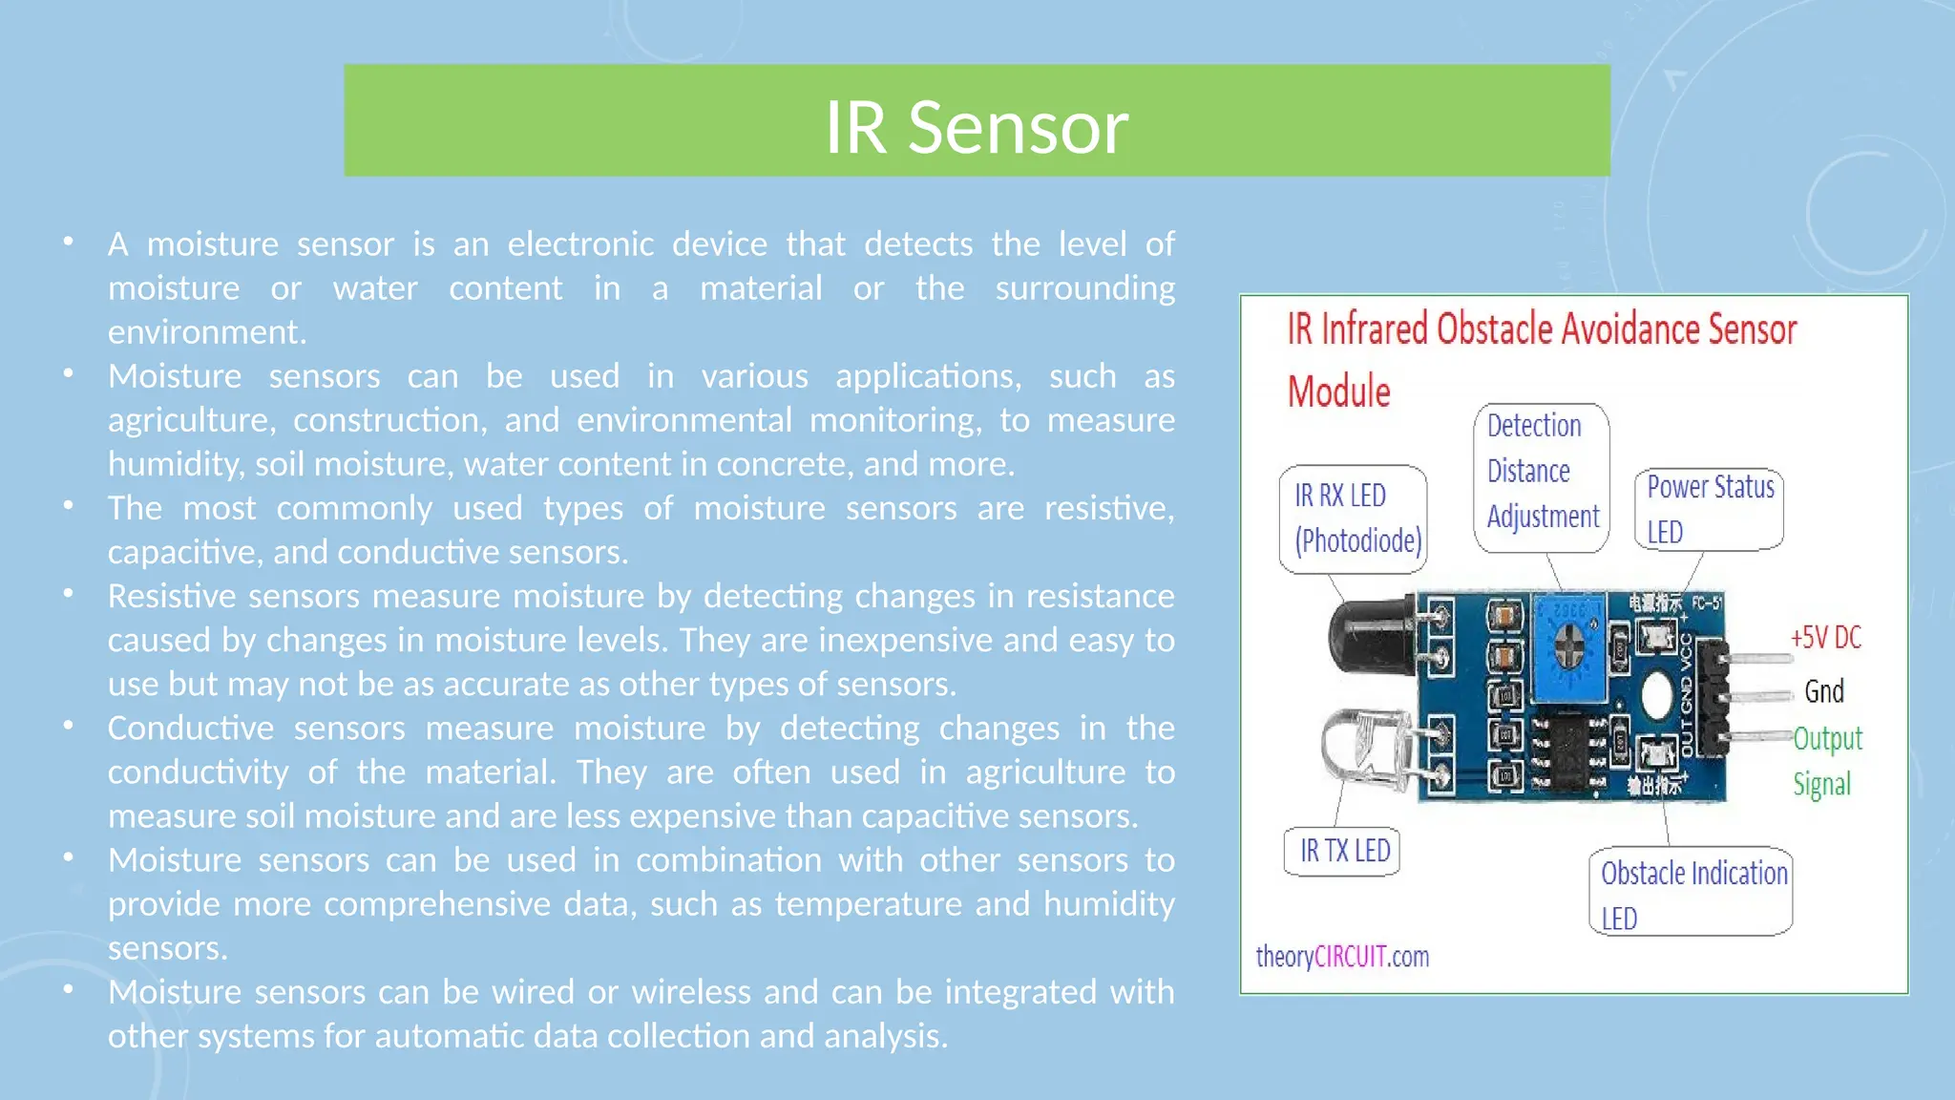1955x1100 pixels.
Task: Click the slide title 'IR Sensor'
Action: point(976,127)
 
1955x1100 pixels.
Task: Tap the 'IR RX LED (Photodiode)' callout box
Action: point(1354,518)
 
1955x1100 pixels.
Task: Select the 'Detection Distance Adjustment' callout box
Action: point(1541,477)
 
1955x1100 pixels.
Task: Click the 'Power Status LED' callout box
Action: point(1709,509)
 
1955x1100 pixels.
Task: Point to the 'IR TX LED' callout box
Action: point(1343,851)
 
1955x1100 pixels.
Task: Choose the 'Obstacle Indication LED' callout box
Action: point(1692,892)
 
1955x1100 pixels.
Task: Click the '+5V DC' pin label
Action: point(1825,638)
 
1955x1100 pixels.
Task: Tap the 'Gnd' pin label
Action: point(1823,691)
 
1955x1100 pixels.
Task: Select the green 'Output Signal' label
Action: point(1826,760)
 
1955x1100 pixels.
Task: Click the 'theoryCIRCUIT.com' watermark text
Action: point(1342,957)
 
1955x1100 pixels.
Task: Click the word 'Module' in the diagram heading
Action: point(1338,391)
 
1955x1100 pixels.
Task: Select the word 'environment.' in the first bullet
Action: point(207,332)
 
